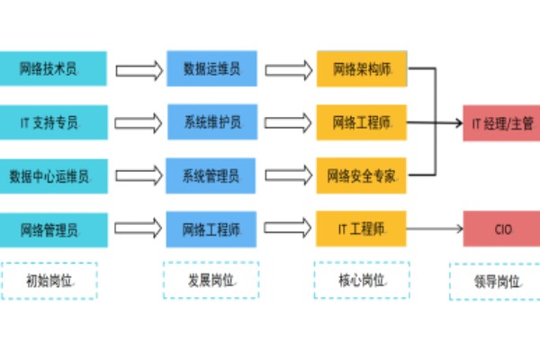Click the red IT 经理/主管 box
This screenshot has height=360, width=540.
pos(501,121)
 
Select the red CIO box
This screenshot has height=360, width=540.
pos(501,229)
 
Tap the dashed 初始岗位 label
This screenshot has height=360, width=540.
pos(49,280)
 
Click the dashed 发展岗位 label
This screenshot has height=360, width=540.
pos(211,280)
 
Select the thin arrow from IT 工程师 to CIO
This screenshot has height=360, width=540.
pos(436,229)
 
